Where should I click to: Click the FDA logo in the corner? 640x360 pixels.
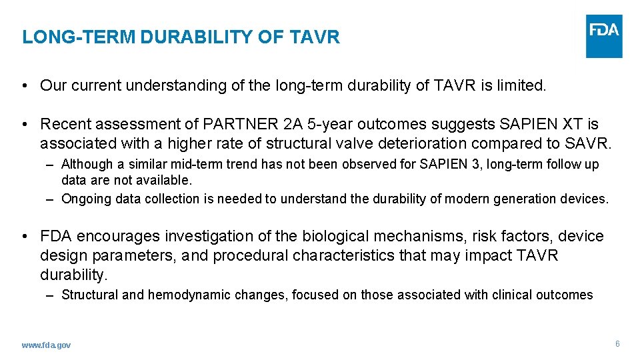tap(604, 36)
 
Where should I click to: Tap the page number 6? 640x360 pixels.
tap(617, 344)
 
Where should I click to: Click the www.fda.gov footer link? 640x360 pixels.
tap(46, 345)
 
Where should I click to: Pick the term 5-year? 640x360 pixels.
tap(329, 124)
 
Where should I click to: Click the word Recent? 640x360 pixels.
tap(65, 124)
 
